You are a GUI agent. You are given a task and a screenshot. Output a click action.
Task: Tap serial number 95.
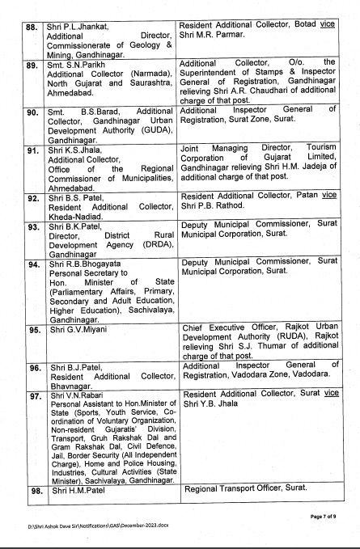(x=33, y=330)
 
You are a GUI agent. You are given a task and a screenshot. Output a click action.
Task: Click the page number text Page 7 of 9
(x=328, y=513)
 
